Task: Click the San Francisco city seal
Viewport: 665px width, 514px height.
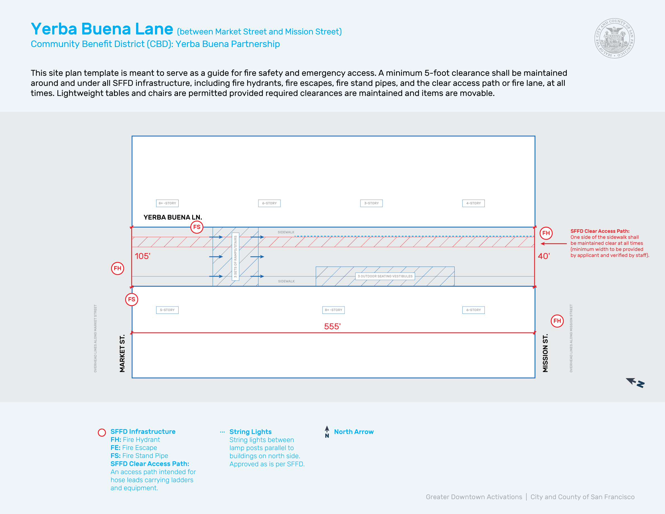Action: pos(614,38)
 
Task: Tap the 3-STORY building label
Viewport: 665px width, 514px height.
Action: pos(371,203)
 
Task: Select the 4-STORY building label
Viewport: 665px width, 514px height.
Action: pos(473,203)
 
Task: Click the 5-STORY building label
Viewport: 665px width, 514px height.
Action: pos(167,310)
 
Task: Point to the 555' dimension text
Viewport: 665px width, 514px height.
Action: pos(332,326)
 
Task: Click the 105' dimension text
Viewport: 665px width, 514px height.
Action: pos(142,256)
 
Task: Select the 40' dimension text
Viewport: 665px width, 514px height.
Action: pos(544,256)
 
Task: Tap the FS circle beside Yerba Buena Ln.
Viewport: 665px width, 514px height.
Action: pos(197,227)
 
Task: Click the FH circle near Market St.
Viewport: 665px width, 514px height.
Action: pos(118,268)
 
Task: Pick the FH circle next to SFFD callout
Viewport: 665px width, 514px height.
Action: pos(546,233)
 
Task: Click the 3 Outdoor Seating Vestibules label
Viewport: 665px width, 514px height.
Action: pos(385,276)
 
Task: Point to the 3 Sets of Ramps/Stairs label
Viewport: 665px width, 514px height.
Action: pos(235,256)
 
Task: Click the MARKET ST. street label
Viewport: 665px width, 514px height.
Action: pos(122,353)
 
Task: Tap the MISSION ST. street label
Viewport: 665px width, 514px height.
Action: pos(545,353)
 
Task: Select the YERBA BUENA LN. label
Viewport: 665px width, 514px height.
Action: pos(173,217)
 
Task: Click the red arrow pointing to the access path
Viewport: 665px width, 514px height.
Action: pos(553,244)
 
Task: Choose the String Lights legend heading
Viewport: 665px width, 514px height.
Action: pos(250,432)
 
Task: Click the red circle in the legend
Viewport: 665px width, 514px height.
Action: pos(102,433)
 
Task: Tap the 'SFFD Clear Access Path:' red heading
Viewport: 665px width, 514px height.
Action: pos(600,231)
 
